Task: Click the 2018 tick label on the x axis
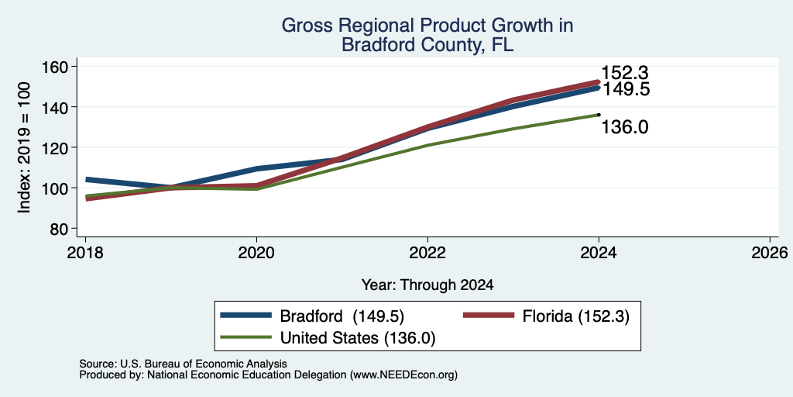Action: [x=85, y=252]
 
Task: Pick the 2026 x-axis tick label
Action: [x=770, y=252]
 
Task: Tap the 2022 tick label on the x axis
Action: [x=427, y=252]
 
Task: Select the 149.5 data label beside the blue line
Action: [x=625, y=90]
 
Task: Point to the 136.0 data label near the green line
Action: [x=625, y=127]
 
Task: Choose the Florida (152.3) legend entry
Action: [x=576, y=316]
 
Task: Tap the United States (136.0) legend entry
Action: [x=358, y=338]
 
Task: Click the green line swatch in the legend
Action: [x=245, y=337]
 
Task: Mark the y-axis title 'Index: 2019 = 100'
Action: [x=24, y=148]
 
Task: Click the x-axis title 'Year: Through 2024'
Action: [x=427, y=285]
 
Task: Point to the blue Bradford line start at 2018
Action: [x=87, y=179]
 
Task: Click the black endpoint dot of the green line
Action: [x=599, y=115]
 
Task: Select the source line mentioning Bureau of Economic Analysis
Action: [x=183, y=364]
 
